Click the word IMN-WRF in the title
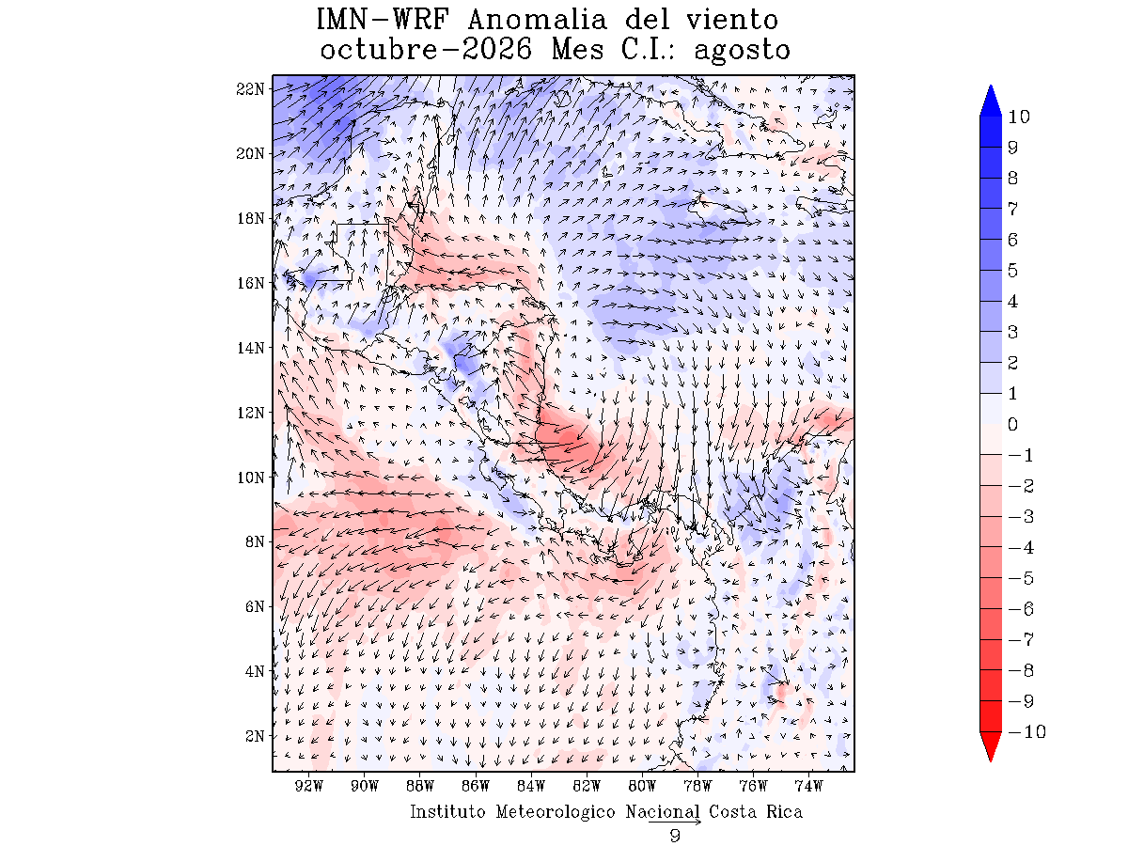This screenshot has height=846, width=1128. point(383,20)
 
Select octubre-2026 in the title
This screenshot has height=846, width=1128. point(426,50)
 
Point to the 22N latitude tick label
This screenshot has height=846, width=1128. point(250,89)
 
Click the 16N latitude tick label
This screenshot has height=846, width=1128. point(250,283)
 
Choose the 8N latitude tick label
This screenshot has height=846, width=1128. point(255,541)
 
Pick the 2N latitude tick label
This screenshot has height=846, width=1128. point(255,736)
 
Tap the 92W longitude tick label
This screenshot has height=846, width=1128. point(309,786)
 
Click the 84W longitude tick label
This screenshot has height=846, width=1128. point(531,786)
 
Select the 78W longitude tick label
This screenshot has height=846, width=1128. point(697,786)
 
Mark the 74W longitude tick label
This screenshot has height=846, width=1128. point(808,786)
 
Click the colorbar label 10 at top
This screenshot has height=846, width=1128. point(1019,117)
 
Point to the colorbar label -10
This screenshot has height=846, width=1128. point(1026,731)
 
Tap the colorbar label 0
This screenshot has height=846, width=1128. point(1012,424)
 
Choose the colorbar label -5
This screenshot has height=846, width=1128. point(1021,578)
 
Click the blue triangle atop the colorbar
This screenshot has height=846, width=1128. point(990,102)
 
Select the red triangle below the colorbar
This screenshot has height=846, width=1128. point(990,745)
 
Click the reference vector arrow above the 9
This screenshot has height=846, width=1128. point(675,822)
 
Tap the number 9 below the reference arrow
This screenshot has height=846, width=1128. point(675,836)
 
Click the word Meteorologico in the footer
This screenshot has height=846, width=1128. point(555,812)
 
